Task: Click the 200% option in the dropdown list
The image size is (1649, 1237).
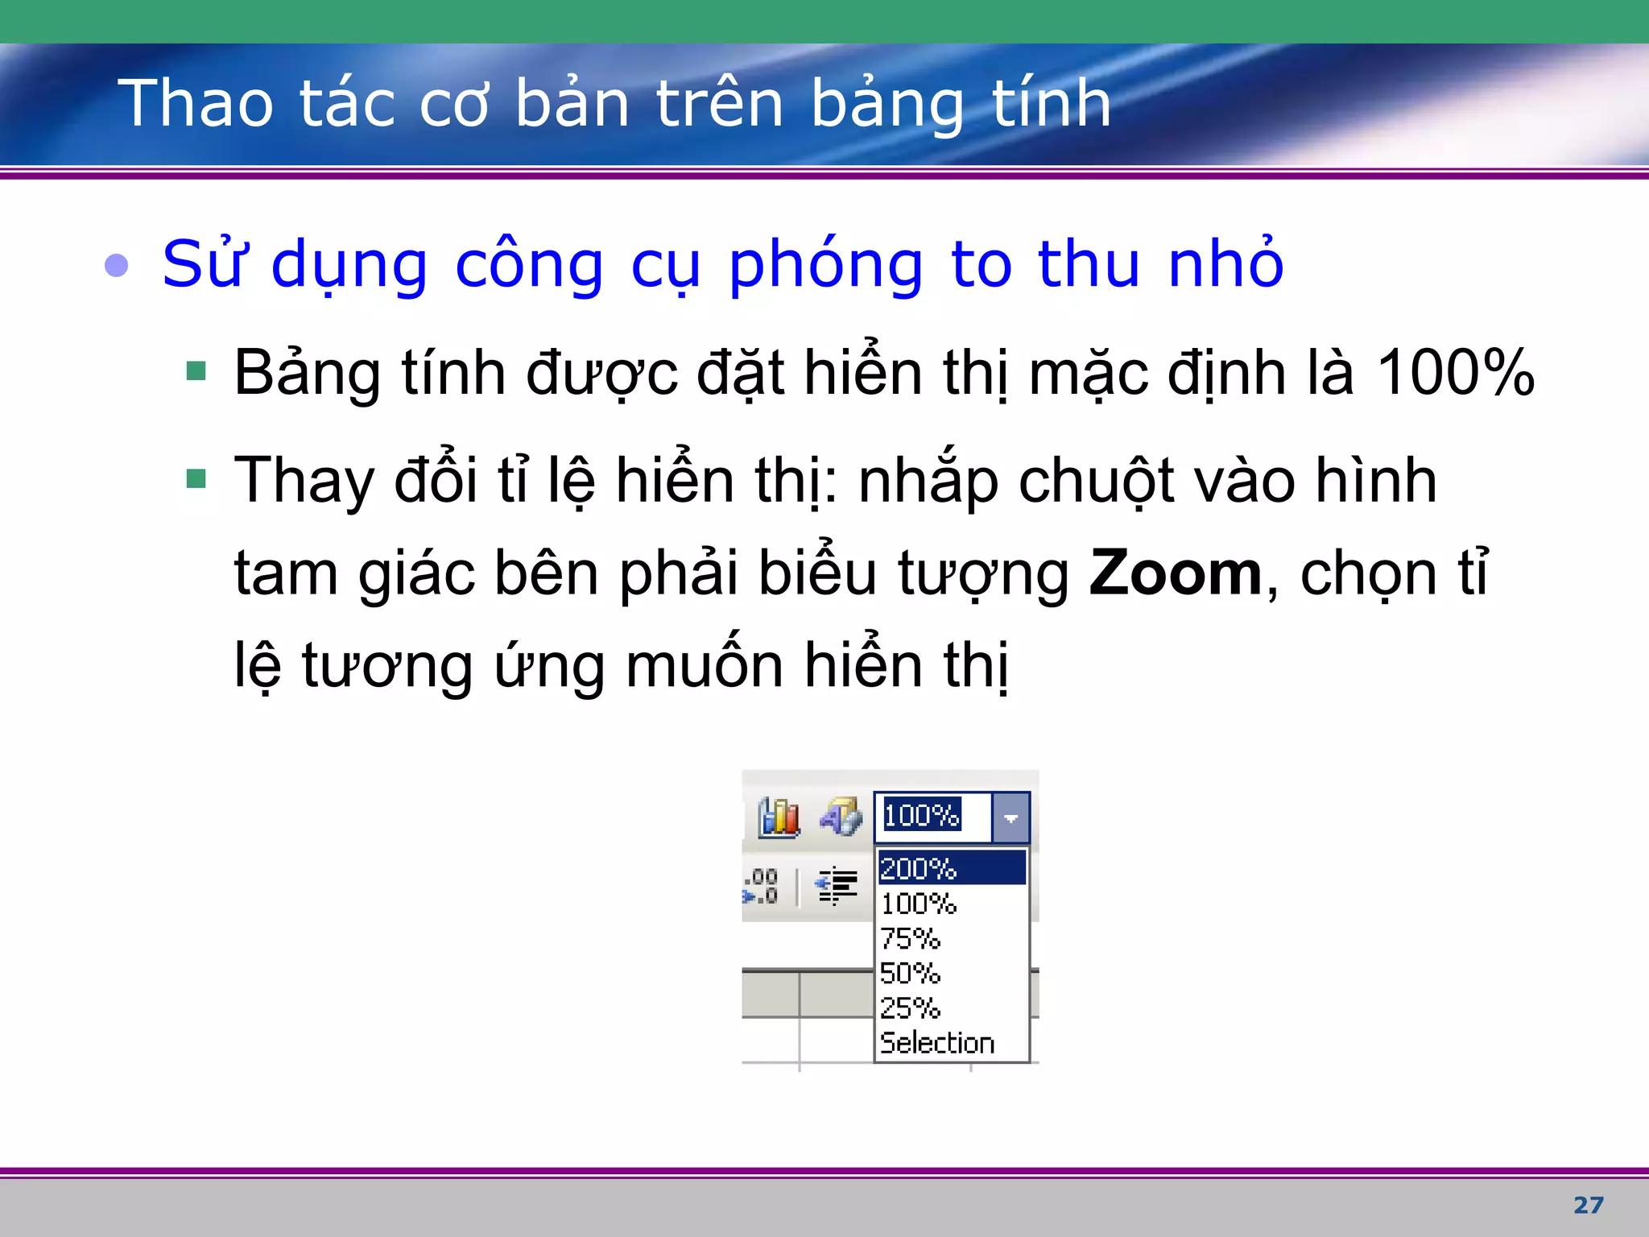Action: click(x=919, y=868)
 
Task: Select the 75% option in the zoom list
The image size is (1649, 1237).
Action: click(x=911, y=939)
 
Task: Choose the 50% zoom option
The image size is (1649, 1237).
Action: click(x=911, y=974)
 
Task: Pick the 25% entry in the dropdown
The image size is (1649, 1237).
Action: click(x=911, y=1008)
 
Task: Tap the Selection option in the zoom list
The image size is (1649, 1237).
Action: click(x=937, y=1043)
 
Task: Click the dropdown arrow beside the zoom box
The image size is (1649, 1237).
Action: click(x=1011, y=817)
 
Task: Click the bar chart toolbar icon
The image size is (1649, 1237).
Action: click(x=779, y=817)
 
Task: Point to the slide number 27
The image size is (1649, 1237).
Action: click(x=1588, y=1205)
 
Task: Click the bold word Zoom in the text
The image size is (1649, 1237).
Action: click(x=1176, y=573)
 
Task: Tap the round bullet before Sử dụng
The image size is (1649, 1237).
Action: click(x=117, y=265)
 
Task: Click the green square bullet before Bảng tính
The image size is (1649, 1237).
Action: click(x=196, y=371)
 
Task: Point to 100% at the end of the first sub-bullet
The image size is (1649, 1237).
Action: click(x=1455, y=373)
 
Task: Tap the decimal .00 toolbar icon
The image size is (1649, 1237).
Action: click(x=762, y=886)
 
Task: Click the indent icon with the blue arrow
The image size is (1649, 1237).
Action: click(x=837, y=886)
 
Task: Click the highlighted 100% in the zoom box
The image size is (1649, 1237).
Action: click(x=922, y=815)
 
